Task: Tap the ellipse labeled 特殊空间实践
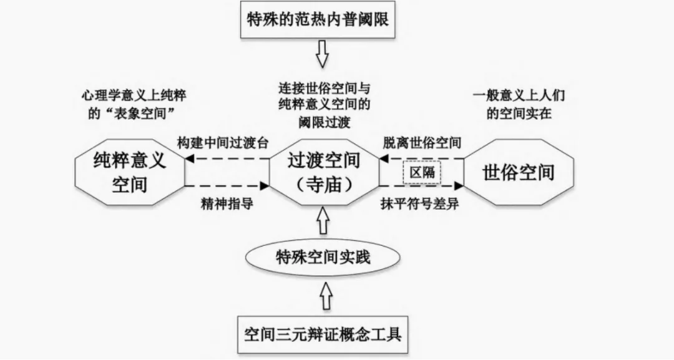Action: [x=322, y=256]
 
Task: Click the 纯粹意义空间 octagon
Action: [x=130, y=172]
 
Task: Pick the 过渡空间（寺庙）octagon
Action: [x=323, y=172]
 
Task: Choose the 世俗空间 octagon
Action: [x=518, y=172]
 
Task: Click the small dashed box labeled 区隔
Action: [x=422, y=172]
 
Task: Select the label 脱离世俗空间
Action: [x=422, y=142]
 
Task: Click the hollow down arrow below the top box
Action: [x=322, y=54]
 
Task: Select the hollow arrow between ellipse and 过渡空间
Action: [x=322, y=221]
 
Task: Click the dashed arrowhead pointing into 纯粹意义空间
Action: [x=189, y=158]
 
